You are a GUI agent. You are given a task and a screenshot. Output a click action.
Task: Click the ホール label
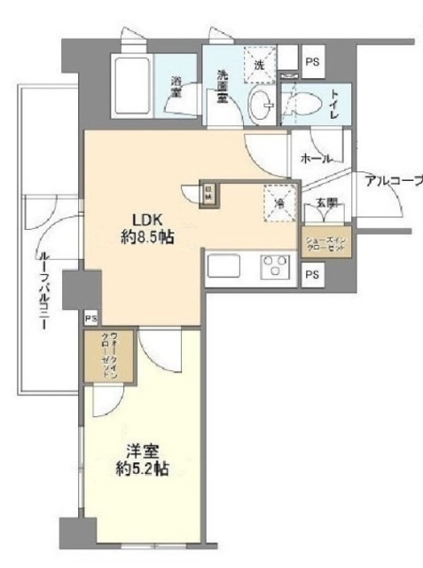316,159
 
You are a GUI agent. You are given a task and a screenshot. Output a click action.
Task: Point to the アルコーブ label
394,182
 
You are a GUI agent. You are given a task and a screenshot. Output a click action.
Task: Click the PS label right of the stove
310,275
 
